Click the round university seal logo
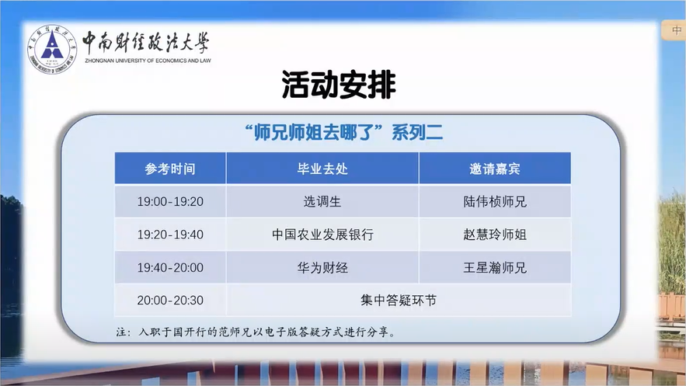click(52, 49)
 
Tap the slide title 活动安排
click(339, 85)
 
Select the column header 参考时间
click(170, 169)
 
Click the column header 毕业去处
click(322, 169)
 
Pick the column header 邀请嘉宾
click(495, 169)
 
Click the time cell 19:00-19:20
click(170, 201)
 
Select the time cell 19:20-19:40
click(170, 235)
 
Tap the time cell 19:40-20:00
click(170, 267)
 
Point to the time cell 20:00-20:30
click(170, 301)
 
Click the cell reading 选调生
click(322, 201)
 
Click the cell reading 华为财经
click(322, 267)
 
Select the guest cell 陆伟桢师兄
click(495, 201)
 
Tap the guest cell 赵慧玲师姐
click(495, 235)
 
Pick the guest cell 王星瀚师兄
click(495, 267)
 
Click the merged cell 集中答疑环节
click(399, 301)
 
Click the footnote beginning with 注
click(256, 332)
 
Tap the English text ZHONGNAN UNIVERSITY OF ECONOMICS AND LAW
click(148, 61)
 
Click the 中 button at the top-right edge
click(675, 30)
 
